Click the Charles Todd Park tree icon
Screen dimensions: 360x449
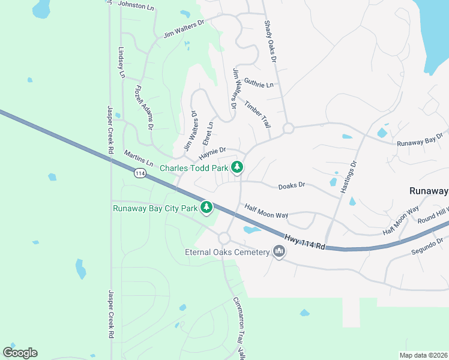tap(238, 167)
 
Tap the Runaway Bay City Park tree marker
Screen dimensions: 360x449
tap(206, 208)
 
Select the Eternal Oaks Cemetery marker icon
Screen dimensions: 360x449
tap(279, 251)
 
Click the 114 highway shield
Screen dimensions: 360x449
tap(139, 173)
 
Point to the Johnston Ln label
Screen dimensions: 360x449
tap(136, 5)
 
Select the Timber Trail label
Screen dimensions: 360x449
tap(258, 114)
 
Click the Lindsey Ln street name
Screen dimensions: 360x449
tap(121, 62)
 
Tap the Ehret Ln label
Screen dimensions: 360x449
tap(208, 133)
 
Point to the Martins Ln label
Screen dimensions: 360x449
tap(138, 159)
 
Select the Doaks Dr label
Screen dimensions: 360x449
tap(292, 186)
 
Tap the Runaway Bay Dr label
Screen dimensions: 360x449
tap(420, 140)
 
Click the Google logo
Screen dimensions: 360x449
tap(20, 352)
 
